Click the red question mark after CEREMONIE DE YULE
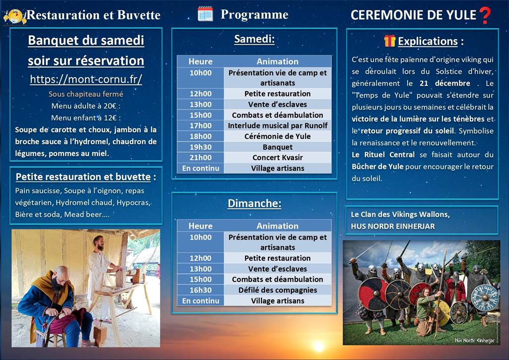point(485,15)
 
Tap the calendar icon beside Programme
point(205,14)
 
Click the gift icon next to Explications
point(389,41)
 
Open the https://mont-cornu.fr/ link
point(86,79)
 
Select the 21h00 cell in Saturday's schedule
point(200,158)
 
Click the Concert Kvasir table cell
point(277,158)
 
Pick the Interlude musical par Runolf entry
point(277,126)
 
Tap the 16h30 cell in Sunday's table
point(200,290)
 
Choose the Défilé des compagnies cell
point(277,290)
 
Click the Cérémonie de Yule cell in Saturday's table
point(277,136)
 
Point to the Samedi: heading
point(254,39)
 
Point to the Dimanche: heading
point(254,204)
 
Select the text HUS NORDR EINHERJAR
point(393,226)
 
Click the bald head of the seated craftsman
point(62,273)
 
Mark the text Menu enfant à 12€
point(86,118)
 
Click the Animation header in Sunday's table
point(277,226)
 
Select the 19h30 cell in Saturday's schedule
point(200,147)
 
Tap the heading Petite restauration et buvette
point(83,177)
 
